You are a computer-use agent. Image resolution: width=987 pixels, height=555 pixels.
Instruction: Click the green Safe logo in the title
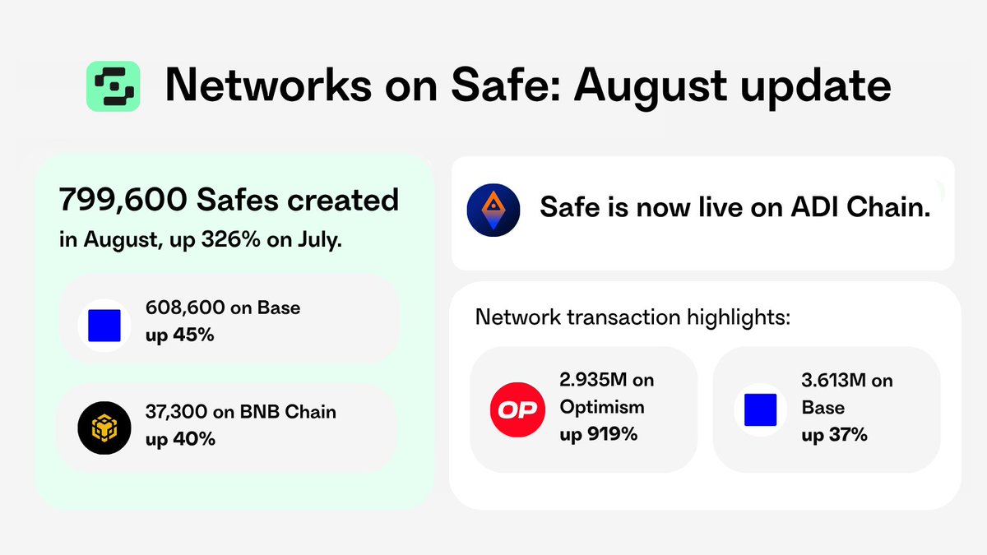(x=114, y=86)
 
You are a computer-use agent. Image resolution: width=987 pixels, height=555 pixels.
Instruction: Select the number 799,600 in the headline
(x=123, y=201)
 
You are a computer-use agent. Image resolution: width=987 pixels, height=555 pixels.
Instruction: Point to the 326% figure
(x=230, y=239)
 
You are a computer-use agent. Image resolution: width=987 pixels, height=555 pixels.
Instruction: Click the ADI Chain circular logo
(x=493, y=210)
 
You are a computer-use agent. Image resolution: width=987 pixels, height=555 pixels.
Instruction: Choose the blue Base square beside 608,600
(x=104, y=326)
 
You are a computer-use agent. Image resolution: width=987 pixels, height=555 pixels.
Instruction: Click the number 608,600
(x=185, y=308)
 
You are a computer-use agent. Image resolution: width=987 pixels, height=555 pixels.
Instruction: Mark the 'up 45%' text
(x=180, y=335)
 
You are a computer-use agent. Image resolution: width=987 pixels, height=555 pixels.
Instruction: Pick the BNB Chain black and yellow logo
(x=104, y=428)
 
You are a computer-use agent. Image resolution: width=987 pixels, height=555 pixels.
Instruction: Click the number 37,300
(x=176, y=412)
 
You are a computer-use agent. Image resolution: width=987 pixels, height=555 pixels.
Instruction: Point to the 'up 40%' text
(x=180, y=439)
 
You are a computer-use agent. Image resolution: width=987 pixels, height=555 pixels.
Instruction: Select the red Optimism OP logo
(x=517, y=409)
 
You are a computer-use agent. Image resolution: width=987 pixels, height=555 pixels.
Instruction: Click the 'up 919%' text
(x=599, y=434)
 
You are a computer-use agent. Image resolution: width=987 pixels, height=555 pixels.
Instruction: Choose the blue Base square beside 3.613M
(x=761, y=409)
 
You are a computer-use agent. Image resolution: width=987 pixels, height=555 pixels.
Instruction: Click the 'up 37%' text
(x=834, y=435)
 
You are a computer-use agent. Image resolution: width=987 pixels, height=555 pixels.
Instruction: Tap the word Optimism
(x=602, y=408)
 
